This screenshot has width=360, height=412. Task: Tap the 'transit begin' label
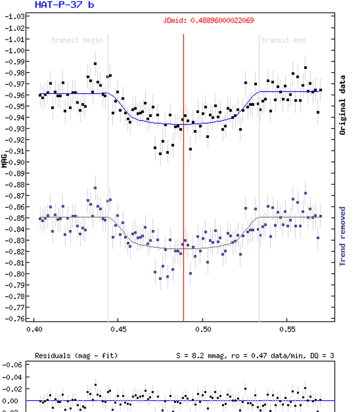[x=77, y=40]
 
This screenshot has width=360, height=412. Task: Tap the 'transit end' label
[x=283, y=40]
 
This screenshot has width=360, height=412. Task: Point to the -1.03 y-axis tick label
[x=13, y=17]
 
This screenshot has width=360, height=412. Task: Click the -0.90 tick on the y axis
[x=13, y=162]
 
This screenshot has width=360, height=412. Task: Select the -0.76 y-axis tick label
[x=13, y=318]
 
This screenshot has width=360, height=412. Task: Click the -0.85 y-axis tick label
[x=13, y=218]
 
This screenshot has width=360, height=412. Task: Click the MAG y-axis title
[x=5, y=162]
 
